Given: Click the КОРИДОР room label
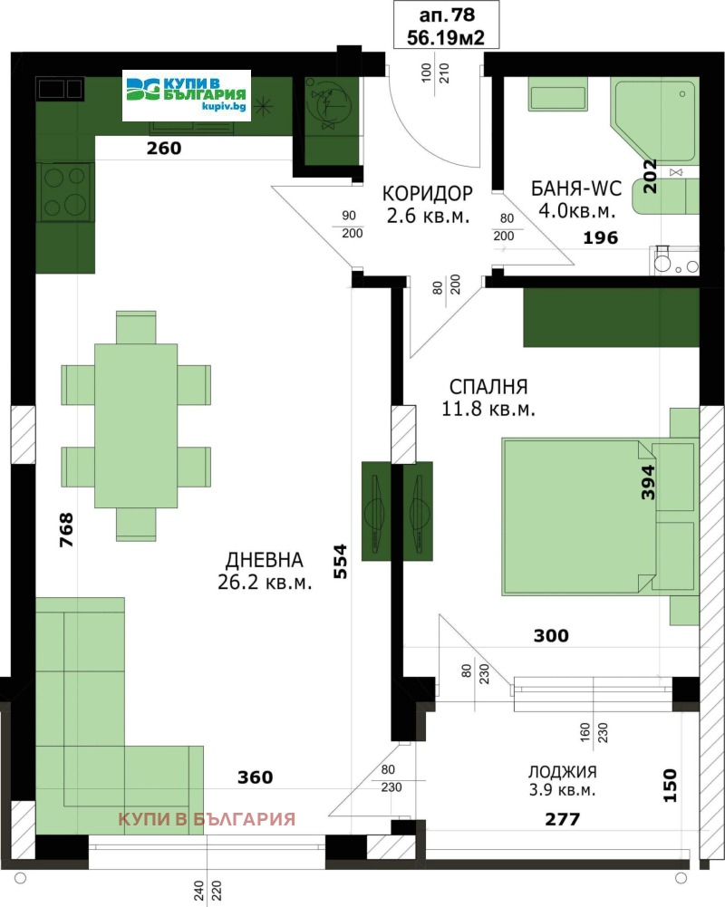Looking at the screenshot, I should pyautogui.click(x=427, y=193).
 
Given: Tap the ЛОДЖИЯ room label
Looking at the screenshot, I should pyautogui.click(x=562, y=772).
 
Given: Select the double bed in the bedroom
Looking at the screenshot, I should pyautogui.click(x=580, y=516).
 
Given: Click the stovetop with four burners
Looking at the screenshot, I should pyautogui.click(x=65, y=192).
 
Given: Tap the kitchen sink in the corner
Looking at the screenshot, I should pyautogui.click(x=60, y=88).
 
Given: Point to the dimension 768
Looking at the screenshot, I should pyautogui.click(x=65, y=531).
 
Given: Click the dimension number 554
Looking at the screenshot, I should pyautogui.click(x=340, y=562).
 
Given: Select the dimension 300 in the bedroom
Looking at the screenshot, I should pyautogui.click(x=550, y=636).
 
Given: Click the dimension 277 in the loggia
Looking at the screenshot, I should pyautogui.click(x=561, y=819).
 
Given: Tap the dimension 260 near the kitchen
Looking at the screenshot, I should pyautogui.click(x=164, y=149).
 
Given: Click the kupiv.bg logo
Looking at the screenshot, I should pyautogui.click(x=187, y=95).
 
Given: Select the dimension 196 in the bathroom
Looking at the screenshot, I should pyautogui.click(x=599, y=238).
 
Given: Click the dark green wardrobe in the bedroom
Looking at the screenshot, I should pyautogui.click(x=611, y=317).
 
